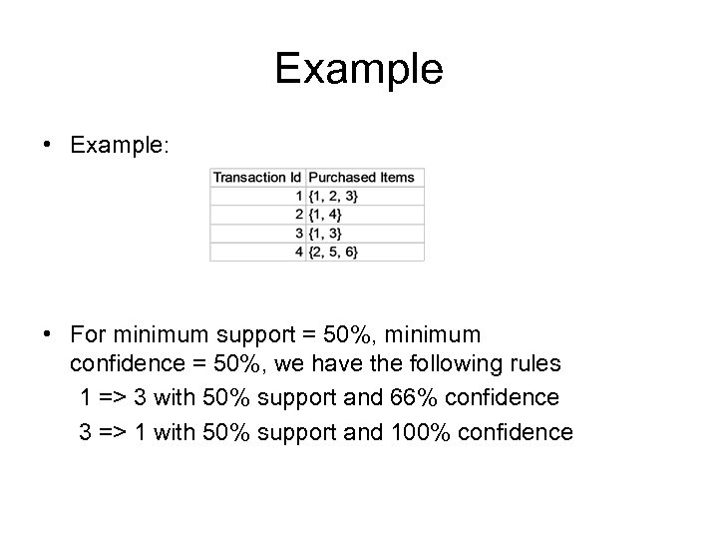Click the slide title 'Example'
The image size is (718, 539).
tap(358, 69)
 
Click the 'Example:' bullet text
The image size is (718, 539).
tap(120, 145)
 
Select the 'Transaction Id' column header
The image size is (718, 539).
tap(256, 178)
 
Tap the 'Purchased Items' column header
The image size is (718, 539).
tap(361, 178)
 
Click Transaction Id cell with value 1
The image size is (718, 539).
tap(298, 196)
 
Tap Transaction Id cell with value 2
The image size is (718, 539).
tap(298, 215)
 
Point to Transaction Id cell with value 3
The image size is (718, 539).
tap(298, 233)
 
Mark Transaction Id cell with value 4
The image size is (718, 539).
tap(298, 251)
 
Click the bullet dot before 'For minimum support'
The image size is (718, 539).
tap(49, 331)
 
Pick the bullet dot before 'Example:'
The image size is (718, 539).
tap(49, 145)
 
